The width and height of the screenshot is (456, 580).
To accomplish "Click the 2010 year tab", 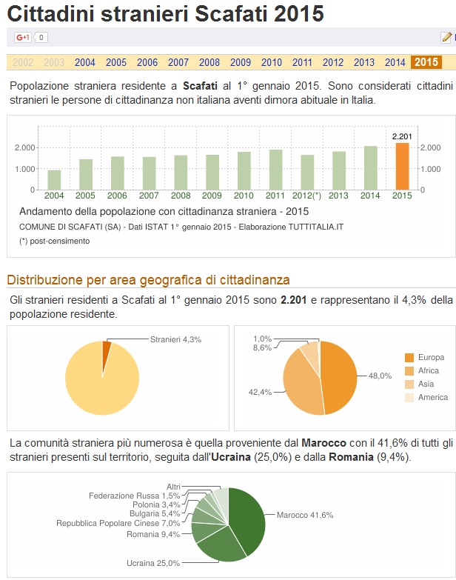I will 272,62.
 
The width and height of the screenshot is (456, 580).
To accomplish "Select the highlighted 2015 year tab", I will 426,62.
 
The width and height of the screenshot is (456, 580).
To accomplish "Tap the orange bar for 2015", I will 402,166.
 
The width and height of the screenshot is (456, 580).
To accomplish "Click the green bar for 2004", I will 54,180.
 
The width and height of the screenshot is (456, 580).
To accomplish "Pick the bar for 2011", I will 275,170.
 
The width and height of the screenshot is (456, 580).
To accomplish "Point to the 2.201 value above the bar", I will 402,136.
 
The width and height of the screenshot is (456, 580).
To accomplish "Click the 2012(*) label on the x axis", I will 306,196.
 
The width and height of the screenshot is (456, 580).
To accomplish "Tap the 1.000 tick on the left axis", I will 26,169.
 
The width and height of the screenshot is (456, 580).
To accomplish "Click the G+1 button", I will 22,37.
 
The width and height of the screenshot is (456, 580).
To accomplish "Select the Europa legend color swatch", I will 409,357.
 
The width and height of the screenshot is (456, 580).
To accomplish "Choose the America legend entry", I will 432,397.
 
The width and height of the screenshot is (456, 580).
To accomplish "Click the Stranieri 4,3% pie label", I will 175,339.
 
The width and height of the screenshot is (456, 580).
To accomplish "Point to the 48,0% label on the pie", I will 380,376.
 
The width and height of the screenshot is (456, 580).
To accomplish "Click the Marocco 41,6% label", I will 305,514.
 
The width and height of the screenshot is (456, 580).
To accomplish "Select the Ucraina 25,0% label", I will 153,563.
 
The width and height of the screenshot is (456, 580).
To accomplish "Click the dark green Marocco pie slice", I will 248,519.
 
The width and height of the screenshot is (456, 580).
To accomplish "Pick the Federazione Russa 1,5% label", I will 134,496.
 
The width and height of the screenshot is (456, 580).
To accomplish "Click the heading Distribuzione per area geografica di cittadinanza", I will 148,279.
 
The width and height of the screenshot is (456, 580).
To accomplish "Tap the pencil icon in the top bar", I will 446,37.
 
